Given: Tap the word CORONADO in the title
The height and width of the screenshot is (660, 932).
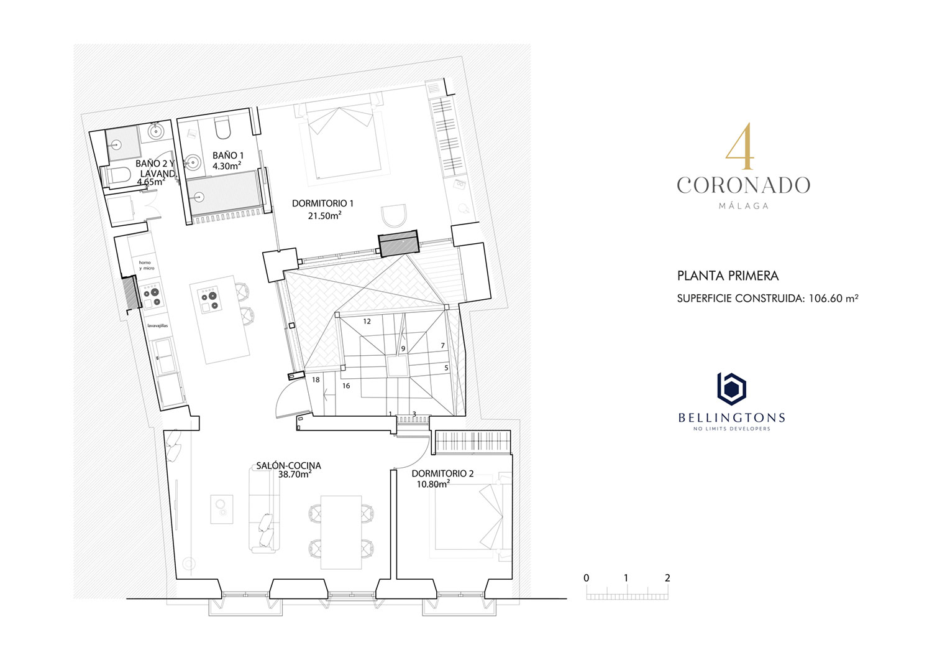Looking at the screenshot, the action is click(744, 185).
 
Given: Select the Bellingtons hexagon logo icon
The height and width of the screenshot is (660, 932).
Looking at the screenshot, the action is click(731, 389).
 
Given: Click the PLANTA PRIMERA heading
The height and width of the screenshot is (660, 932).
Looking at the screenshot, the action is click(728, 276).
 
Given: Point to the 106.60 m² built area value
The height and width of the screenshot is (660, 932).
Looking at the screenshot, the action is click(833, 299).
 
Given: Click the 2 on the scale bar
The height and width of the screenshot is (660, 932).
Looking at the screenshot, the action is click(667, 578).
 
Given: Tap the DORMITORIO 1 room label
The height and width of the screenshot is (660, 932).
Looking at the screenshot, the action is click(322, 203).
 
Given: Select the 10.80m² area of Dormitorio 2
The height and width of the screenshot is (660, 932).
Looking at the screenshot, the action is click(433, 484).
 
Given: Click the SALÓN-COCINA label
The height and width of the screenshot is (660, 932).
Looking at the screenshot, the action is click(288, 465).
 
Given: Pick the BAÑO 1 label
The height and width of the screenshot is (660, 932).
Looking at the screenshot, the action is click(228, 156).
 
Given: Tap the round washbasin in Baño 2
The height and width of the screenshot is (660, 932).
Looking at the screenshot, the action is click(155, 131).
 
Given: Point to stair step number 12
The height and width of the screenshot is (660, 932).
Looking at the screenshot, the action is click(367, 321).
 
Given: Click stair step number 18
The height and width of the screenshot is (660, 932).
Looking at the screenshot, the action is click(316, 379).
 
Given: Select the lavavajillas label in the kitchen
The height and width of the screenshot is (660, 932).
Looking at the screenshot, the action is click(158, 325).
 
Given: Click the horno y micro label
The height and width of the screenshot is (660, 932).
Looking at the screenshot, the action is click(147, 266).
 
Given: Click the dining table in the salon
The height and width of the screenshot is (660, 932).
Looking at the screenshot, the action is click(341, 532).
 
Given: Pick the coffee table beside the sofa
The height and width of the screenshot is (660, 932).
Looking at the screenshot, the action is click(222, 509).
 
